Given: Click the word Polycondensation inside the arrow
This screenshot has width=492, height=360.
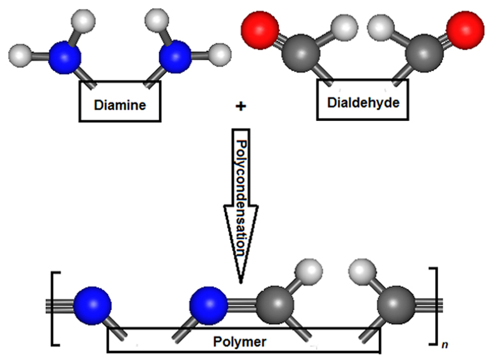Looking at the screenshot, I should click(240, 185).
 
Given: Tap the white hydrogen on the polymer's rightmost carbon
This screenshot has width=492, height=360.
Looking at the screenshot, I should click(360, 272).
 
